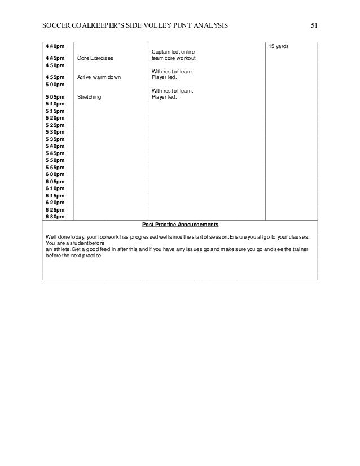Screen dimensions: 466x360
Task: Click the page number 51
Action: [314, 25]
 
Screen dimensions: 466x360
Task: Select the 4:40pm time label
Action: [54, 45]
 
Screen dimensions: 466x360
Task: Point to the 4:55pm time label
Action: [54, 77]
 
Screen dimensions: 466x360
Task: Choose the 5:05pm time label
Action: [54, 97]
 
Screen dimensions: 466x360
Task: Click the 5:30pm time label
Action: [54, 132]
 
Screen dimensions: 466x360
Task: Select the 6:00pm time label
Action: [54, 174]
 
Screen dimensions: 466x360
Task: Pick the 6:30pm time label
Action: [54, 216]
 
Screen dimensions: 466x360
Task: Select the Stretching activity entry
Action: [89, 97]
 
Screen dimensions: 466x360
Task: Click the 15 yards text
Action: [278, 45]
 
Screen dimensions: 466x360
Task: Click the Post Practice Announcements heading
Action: [179, 223]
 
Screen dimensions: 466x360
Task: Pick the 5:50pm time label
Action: [54, 160]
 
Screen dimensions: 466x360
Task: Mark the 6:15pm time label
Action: [54, 195]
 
